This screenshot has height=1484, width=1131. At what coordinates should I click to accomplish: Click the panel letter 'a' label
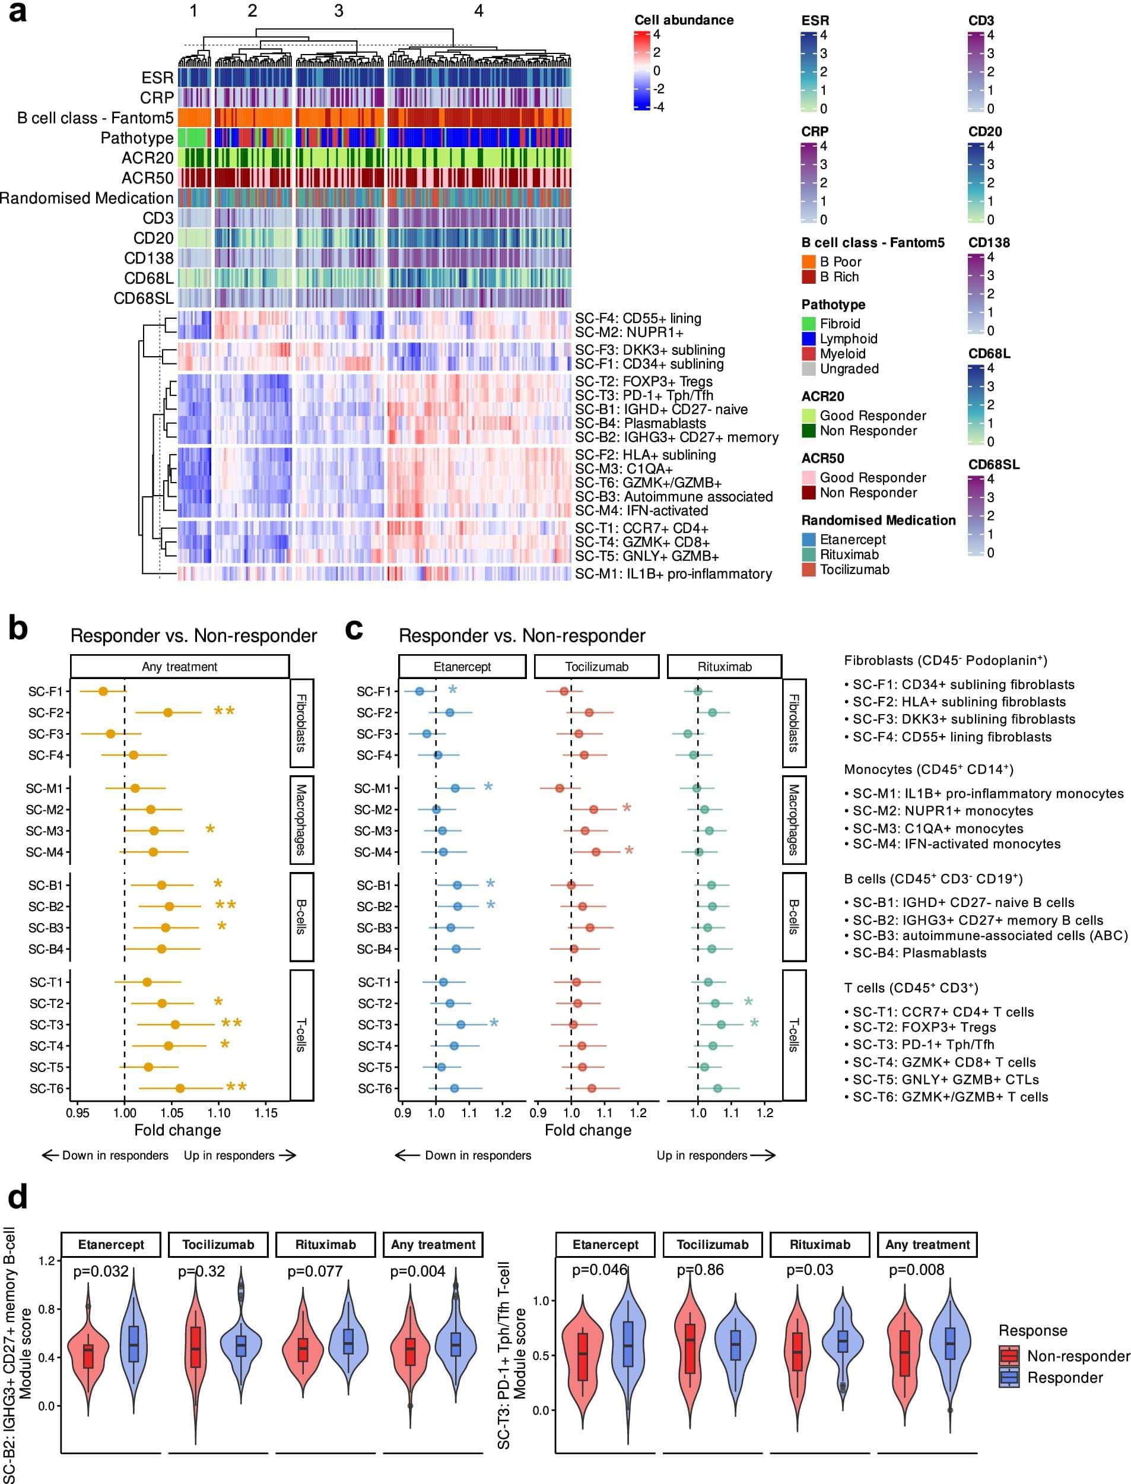[17, 14]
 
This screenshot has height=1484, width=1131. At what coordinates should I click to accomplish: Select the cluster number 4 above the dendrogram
[479, 11]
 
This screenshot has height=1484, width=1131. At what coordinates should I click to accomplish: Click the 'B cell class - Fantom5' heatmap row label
[95, 118]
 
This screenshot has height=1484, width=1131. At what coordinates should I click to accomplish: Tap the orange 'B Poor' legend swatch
[809, 261]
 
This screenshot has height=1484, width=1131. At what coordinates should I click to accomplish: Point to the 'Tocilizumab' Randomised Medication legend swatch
[809, 570]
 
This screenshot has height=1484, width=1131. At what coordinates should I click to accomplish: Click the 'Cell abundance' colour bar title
[684, 20]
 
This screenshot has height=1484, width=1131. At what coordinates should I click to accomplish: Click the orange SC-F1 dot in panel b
[103, 691]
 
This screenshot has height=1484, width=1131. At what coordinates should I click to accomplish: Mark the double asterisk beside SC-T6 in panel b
[236, 1087]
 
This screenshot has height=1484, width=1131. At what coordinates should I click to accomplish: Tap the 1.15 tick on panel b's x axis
[266, 1113]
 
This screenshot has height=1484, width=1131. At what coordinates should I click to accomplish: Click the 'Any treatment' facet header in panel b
[180, 667]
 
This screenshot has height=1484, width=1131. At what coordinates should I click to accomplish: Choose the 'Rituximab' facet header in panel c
[725, 667]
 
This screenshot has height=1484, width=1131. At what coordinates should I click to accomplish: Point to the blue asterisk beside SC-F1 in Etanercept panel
[452, 690]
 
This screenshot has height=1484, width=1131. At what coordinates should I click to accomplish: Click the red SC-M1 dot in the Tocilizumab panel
[560, 788]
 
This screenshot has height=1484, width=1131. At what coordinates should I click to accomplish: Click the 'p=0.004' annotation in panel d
[417, 1271]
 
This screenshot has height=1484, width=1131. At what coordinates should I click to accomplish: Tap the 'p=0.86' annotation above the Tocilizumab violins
[700, 1270]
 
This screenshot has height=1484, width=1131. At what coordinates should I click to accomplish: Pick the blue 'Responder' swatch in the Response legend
[1009, 1378]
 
